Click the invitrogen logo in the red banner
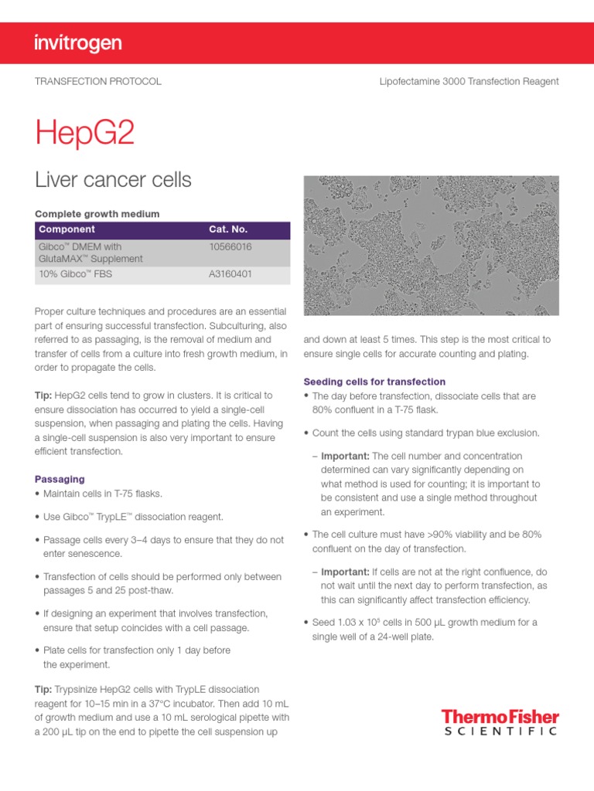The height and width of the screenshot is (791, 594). tap(78, 43)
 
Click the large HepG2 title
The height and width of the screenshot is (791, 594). tap(85, 134)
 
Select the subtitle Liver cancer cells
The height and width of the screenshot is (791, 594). tap(113, 180)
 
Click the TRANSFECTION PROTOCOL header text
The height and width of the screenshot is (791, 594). tap(98, 81)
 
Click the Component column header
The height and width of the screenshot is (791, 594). tap(67, 229)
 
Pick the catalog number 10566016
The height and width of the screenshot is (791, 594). tap(230, 246)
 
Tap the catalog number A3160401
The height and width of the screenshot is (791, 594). tap(230, 274)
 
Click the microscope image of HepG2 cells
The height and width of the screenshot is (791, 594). tap(431, 245)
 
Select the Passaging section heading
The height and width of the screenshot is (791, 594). tap(60, 480)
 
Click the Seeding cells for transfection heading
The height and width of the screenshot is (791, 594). tap(374, 382)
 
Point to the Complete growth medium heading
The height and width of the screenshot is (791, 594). tap(97, 214)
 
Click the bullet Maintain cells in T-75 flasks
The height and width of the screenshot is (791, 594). tap(103, 494)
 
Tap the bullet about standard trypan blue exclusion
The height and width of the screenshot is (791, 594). tap(425, 433)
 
